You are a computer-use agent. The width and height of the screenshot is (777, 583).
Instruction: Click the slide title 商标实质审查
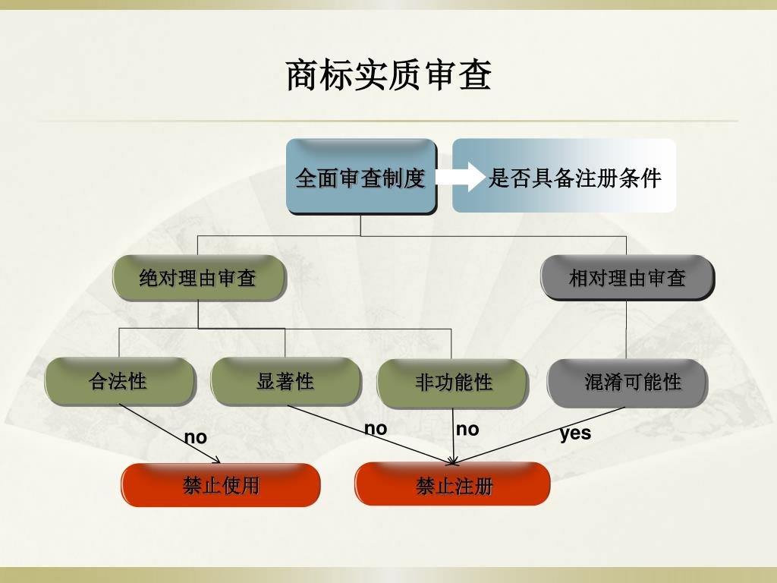coord(388,76)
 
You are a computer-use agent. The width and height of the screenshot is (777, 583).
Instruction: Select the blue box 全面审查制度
coord(360,177)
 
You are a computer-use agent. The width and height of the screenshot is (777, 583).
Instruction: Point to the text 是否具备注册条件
coord(574,178)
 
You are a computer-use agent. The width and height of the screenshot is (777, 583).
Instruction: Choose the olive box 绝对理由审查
coord(198,278)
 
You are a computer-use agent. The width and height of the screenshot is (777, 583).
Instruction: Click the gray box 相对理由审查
coord(627,278)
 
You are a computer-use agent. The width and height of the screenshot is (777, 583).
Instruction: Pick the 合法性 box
coord(119,381)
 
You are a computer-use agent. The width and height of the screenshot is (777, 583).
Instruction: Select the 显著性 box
coord(285,381)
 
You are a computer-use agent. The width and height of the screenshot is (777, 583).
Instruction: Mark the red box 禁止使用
coord(221,485)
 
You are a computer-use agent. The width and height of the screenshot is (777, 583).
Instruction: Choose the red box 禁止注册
coord(453,485)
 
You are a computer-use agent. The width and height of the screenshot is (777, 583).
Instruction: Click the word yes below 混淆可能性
coord(575,433)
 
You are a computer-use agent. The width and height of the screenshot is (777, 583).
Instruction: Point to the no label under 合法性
coord(195,437)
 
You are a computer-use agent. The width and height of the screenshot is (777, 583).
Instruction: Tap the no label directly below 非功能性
coord(467,430)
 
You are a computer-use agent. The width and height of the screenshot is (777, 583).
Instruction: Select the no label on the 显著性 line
coord(376,429)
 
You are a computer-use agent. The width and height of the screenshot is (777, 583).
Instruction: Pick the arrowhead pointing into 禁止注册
coord(452,460)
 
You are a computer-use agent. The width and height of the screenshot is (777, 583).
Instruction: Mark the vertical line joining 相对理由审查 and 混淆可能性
coord(626,330)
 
